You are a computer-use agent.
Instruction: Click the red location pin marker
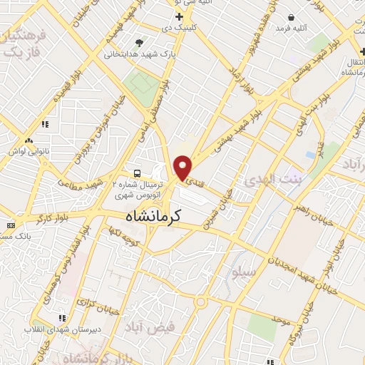(183, 167)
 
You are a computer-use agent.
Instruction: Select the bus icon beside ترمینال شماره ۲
(137, 173)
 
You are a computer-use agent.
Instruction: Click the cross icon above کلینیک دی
(179, 16)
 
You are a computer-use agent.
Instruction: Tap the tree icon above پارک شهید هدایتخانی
(138, 42)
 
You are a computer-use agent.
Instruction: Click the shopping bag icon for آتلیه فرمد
(292, 17)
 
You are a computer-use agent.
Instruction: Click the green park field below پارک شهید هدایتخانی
(140, 86)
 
